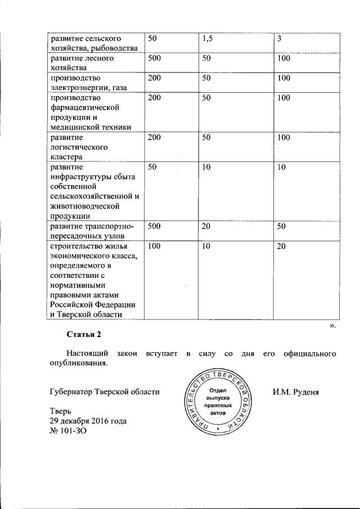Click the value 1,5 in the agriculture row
click(209, 38)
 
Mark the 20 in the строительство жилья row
click(281, 246)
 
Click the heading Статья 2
click(83, 335)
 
